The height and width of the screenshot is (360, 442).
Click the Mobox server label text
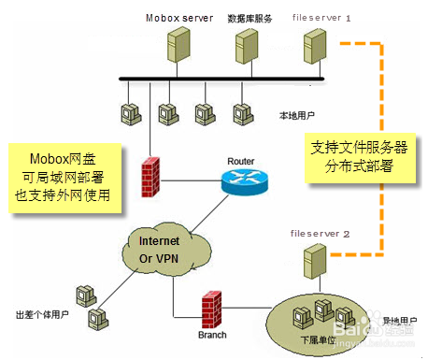179,18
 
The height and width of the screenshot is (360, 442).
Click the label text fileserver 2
321,233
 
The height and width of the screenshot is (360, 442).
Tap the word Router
241,161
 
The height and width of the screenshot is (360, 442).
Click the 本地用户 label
298,116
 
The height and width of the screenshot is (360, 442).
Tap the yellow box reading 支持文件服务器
347,157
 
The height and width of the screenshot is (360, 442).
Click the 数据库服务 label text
250,18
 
